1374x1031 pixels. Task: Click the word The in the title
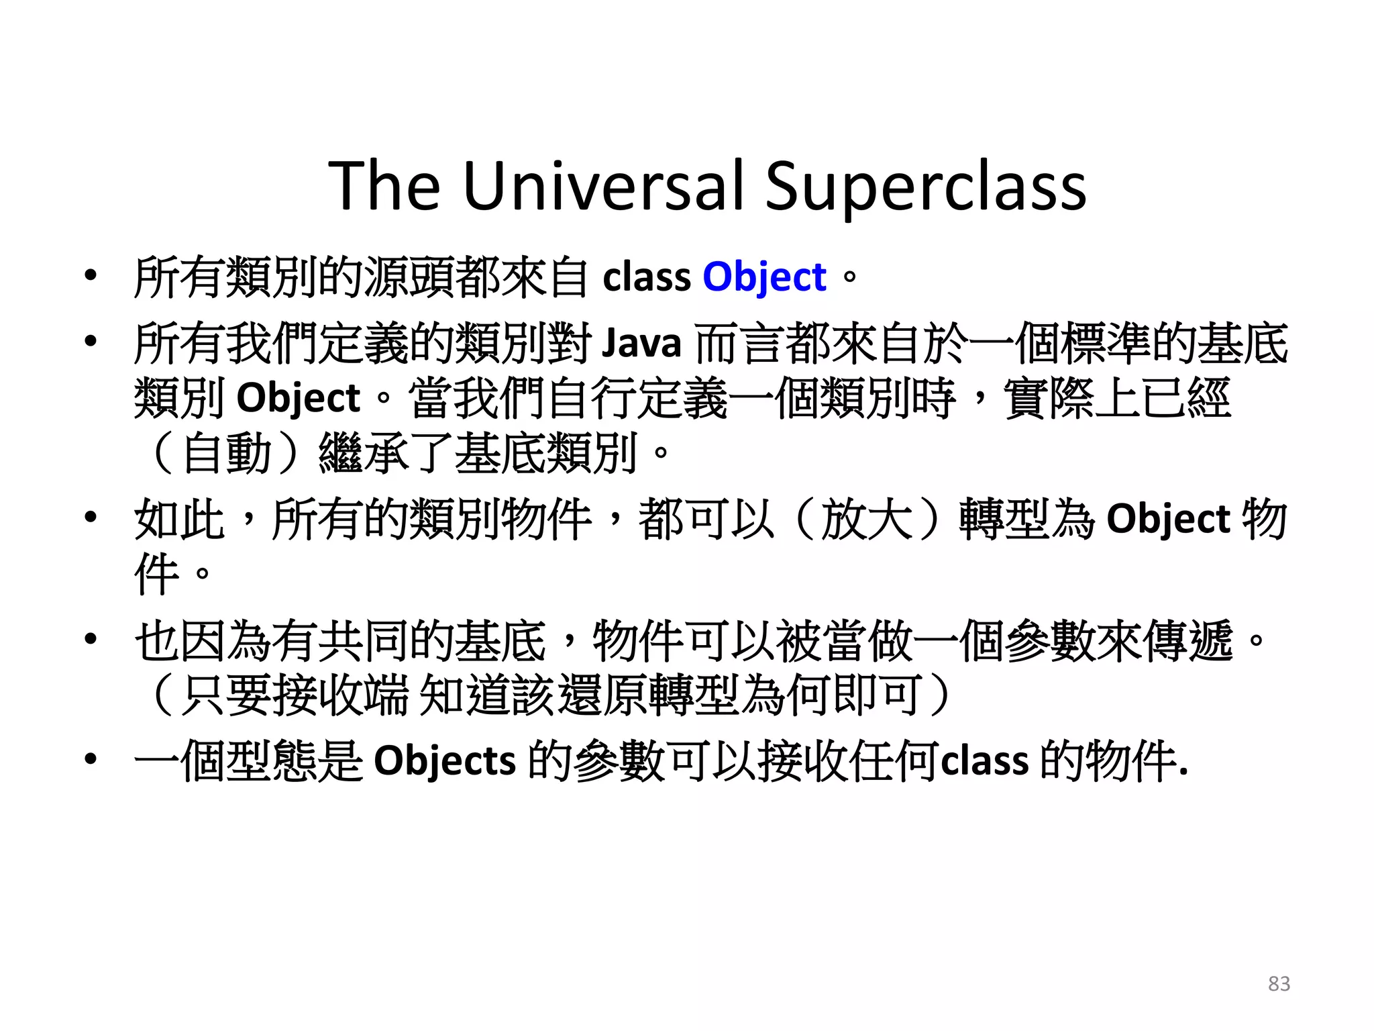[x=384, y=186]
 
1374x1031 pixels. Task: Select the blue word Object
[x=764, y=277]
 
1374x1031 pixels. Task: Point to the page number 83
[x=1279, y=983]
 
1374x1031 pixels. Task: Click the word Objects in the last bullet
[x=444, y=761]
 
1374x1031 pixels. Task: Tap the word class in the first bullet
[x=646, y=277]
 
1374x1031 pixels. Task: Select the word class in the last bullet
[x=985, y=761]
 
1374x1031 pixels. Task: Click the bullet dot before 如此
[x=91, y=518]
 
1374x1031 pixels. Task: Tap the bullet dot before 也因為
[x=91, y=639]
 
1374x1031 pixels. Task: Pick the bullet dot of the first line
[x=91, y=275]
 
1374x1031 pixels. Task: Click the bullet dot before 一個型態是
[x=91, y=760]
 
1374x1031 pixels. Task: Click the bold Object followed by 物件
[x=1168, y=519]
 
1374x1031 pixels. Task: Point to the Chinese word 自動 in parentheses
[x=226, y=454]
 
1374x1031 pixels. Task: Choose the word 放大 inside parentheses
[x=867, y=519]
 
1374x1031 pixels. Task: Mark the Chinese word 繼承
[x=364, y=454]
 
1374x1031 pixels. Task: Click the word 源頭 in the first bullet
[x=409, y=277]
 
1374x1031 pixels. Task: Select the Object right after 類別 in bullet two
[x=299, y=398]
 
